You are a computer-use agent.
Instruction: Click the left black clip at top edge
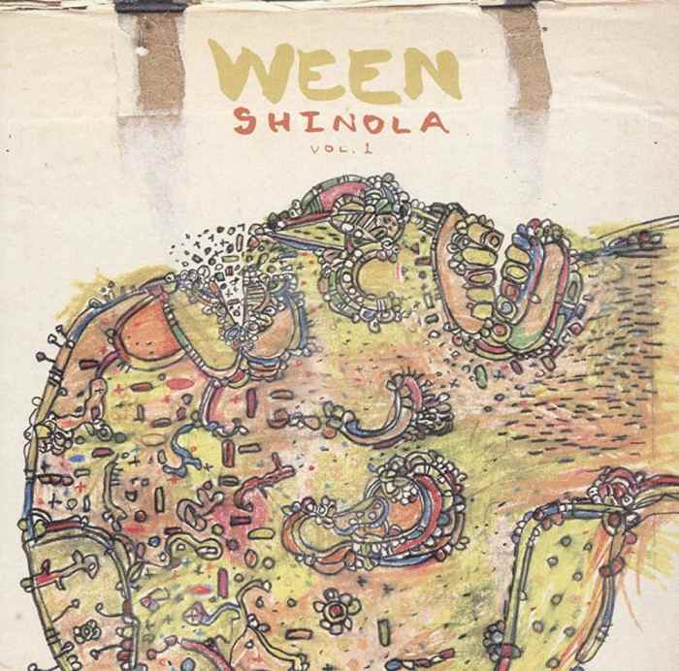[160, 5]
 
